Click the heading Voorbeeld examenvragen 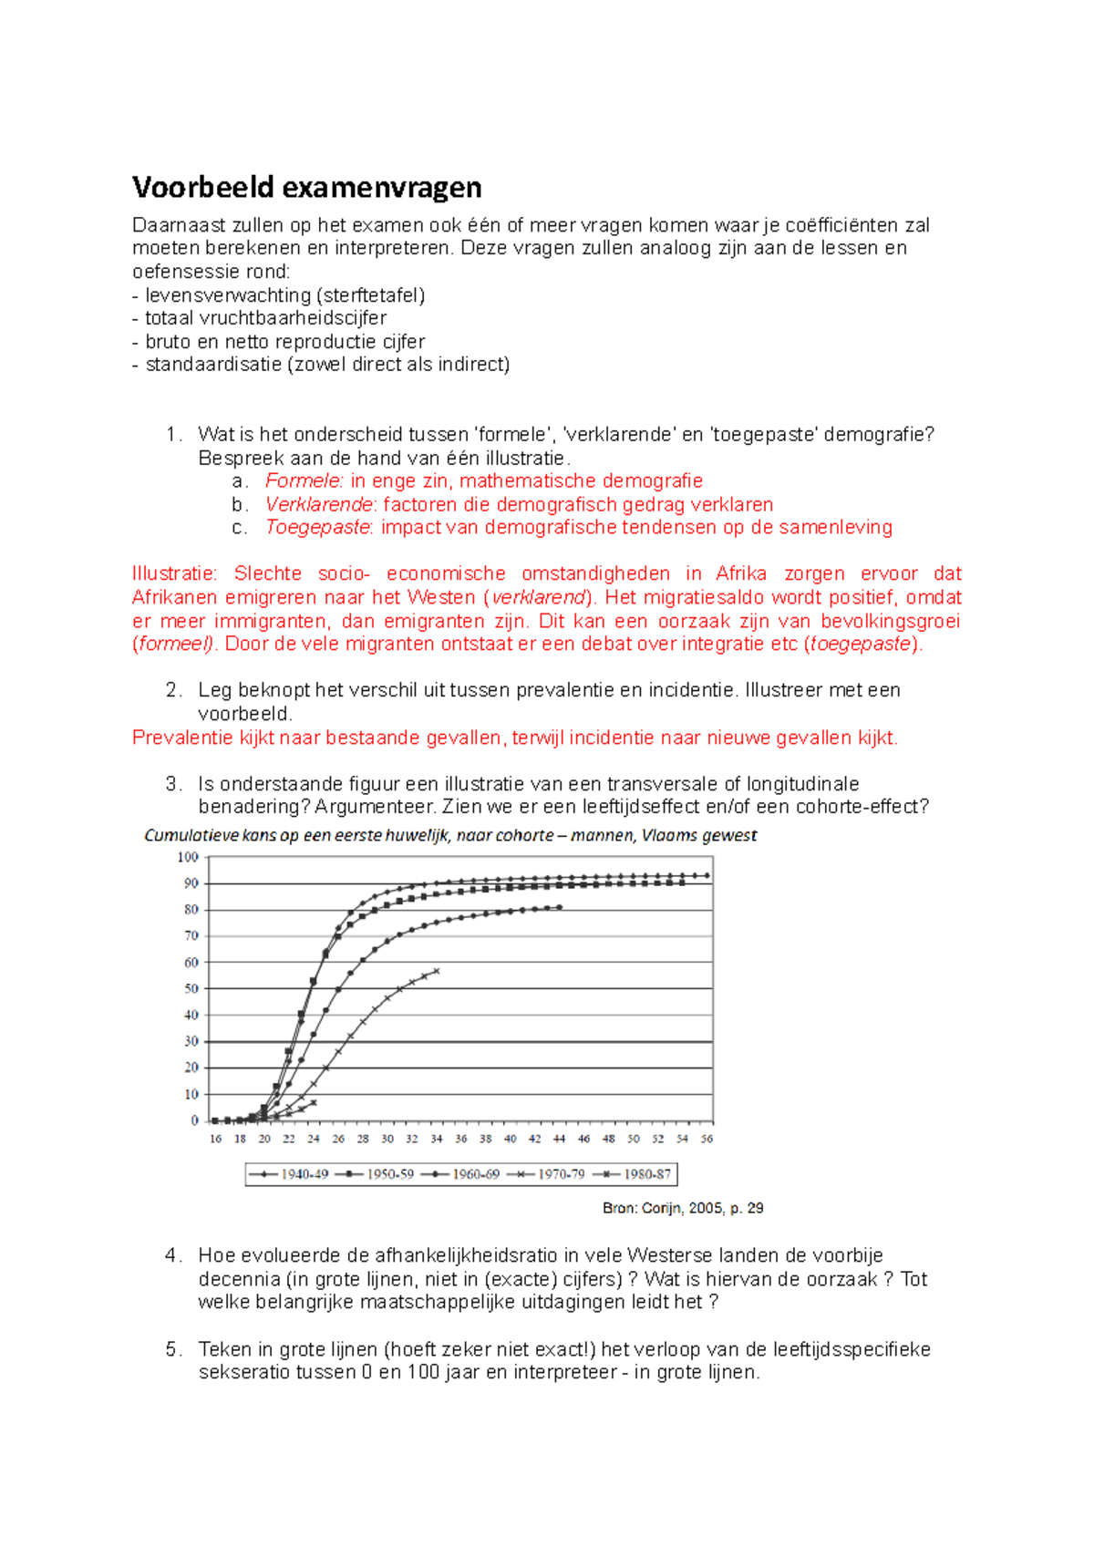click(306, 187)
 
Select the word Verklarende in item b click(318, 504)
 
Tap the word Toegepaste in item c click(316, 527)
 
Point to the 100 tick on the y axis click(188, 857)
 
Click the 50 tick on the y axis click(191, 988)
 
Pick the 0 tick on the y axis click(194, 1120)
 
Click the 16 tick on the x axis click(216, 1139)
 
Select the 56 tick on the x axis click(707, 1139)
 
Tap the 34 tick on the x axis click(437, 1139)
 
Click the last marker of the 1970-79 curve click(437, 971)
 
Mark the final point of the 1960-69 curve click(560, 907)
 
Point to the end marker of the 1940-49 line click(707, 875)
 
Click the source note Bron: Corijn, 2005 click(682, 1208)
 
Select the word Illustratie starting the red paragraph click(173, 573)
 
